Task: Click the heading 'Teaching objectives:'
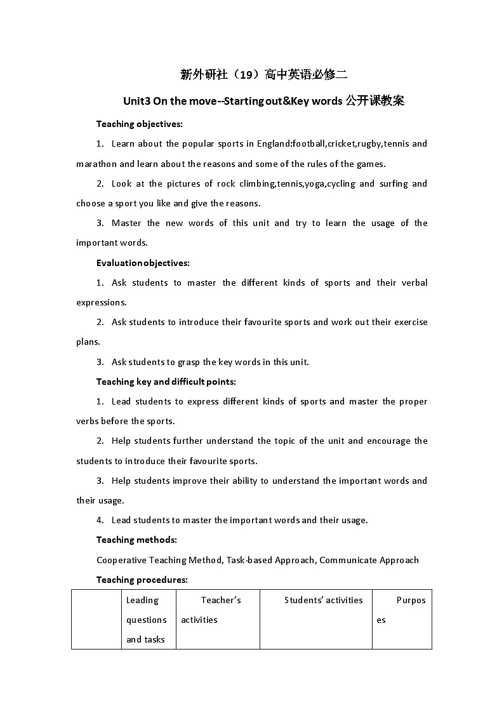[x=139, y=124]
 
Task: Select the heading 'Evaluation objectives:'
[x=143, y=263]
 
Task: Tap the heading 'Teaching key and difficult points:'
[x=166, y=382]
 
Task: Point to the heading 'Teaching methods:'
[x=136, y=540]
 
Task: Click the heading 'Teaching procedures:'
[x=142, y=580]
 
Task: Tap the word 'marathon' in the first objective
[x=96, y=164]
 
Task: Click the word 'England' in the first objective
[x=274, y=143]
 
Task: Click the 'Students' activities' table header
[x=323, y=600]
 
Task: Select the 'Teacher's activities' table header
[x=218, y=610]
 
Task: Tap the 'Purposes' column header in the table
[x=402, y=610]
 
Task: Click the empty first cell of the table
[x=96, y=620]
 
